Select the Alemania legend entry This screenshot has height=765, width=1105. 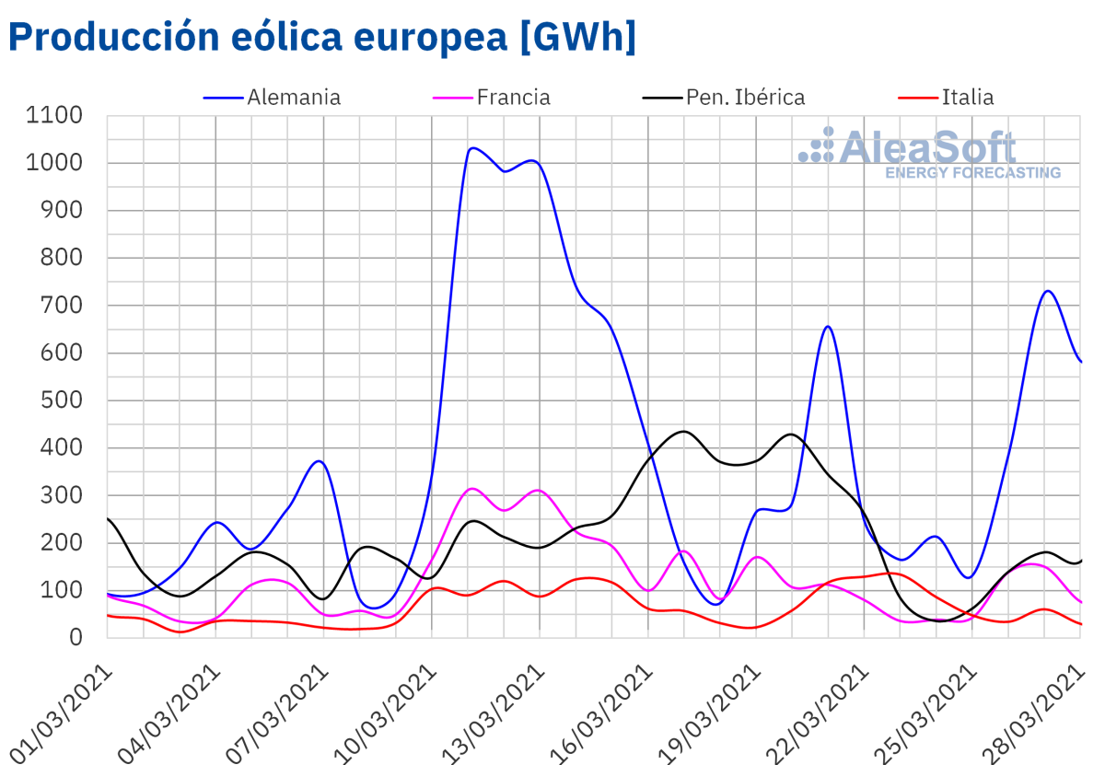click(x=293, y=98)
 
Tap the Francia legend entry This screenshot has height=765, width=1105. click(x=513, y=98)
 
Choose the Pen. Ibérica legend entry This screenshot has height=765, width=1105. click(x=745, y=98)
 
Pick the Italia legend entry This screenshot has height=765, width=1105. click(x=967, y=98)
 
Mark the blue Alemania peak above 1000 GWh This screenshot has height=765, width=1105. click(x=472, y=147)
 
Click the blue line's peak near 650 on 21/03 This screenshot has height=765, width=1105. click(x=828, y=326)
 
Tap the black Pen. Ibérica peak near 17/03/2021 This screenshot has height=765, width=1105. click(x=683, y=431)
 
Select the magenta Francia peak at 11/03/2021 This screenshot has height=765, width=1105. click(x=471, y=488)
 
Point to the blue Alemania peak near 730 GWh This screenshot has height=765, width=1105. click(x=1047, y=291)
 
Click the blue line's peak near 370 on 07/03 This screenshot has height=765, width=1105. click(x=319, y=460)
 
